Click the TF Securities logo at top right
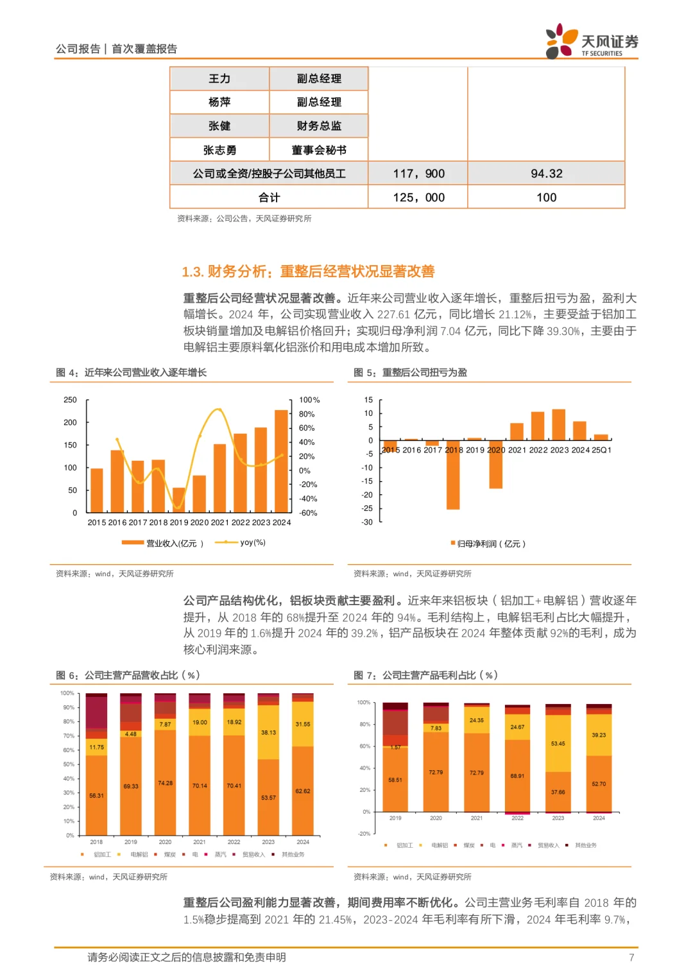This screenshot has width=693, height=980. [x=591, y=42]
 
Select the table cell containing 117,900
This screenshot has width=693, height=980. [x=418, y=173]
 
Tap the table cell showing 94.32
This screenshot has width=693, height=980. [x=546, y=173]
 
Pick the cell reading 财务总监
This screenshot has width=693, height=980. [x=319, y=126]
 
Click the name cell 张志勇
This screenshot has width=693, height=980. [x=219, y=150]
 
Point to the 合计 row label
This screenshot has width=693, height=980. [x=269, y=197]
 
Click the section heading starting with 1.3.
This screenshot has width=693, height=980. [x=308, y=271]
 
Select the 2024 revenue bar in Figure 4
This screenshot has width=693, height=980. [x=281, y=461]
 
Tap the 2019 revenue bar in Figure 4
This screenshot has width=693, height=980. [x=179, y=501]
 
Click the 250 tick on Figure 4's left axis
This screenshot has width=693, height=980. [x=70, y=400]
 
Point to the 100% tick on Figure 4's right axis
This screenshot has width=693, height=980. [x=309, y=400]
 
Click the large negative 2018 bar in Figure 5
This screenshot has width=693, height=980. [x=453, y=475]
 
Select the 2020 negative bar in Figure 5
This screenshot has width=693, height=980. [x=495, y=465]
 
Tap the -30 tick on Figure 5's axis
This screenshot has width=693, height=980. [x=367, y=522]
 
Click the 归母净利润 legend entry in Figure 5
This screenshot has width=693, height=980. [x=488, y=544]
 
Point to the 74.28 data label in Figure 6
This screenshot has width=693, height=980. [x=165, y=783]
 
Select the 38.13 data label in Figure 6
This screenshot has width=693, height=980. [x=268, y=732]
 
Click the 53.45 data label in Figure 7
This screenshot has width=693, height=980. [x=558, y=743]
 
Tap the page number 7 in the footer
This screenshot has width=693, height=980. [x=631, y=958]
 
